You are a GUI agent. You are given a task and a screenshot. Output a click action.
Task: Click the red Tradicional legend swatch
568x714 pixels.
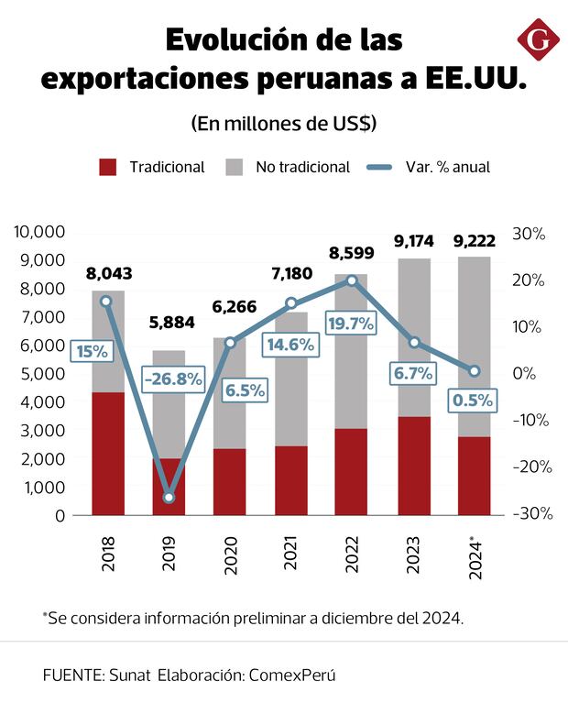coord(108,167)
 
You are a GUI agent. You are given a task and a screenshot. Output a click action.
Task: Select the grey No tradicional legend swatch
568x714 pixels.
coord(235,167)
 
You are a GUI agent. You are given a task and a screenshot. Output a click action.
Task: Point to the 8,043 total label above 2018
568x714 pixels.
coord(109,273)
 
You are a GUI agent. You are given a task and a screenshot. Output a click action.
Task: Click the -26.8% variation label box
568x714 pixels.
coord(173,379)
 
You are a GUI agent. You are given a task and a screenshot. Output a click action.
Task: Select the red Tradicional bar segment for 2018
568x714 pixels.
coord(108,454)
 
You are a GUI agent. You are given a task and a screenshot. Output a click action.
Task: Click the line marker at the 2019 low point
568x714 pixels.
coord(169,498)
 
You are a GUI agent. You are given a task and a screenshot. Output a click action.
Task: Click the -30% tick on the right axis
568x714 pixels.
coord(532,514)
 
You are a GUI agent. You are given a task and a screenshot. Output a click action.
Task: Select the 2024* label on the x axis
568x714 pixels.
coord(475,556)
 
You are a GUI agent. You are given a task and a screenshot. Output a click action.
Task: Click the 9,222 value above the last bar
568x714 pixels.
coord(475,242)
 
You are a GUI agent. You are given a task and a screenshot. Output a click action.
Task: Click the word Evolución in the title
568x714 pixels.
coord(234,41)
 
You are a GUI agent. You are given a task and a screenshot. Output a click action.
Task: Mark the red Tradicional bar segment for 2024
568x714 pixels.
coord(474,476)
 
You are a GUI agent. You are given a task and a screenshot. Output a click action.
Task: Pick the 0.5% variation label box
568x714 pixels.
coord(473,401)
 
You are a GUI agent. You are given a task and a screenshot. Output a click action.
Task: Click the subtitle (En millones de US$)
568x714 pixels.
coord(284,123)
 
